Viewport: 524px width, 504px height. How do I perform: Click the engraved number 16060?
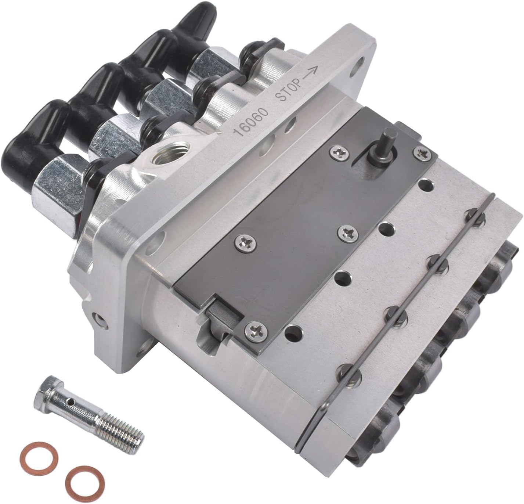click(x=253, y=120)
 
